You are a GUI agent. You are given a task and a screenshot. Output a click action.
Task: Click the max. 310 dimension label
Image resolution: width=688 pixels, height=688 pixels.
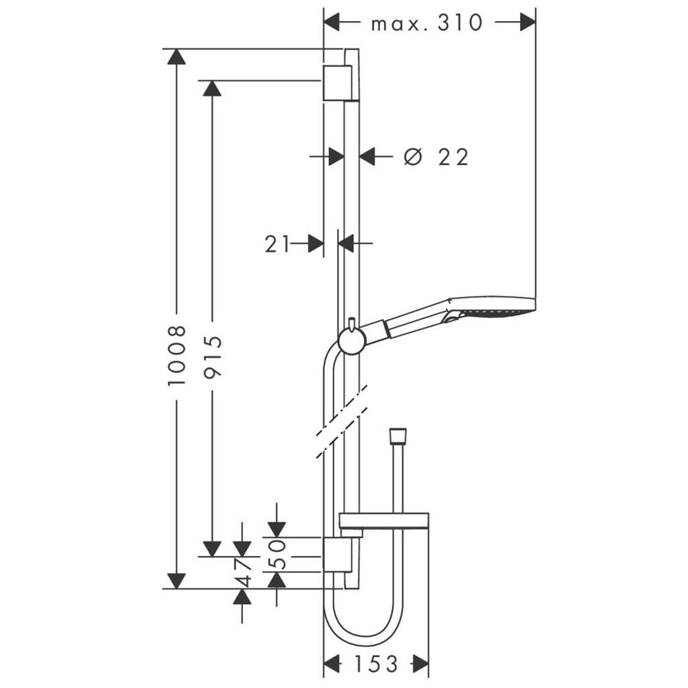(427, 23)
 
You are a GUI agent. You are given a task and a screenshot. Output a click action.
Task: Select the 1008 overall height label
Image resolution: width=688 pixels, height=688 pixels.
(177, 356)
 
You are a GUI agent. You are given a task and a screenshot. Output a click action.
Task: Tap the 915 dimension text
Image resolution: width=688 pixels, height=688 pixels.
(213, 356)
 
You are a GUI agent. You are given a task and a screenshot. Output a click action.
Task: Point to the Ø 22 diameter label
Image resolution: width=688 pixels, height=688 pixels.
(436, 157)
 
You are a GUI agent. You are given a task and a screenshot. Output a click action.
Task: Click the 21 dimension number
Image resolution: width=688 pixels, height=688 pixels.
(277, 244)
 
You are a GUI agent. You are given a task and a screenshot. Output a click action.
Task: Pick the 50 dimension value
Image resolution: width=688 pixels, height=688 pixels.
(277, 555)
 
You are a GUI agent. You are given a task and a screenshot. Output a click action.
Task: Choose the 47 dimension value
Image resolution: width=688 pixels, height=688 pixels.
(242, 572)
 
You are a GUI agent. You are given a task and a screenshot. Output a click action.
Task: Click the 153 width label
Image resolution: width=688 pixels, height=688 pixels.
(376, 664)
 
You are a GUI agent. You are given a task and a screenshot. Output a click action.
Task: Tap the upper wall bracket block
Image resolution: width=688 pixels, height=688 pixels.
(337, 83)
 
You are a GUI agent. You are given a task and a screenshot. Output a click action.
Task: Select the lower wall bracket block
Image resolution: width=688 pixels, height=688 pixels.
(337, 555)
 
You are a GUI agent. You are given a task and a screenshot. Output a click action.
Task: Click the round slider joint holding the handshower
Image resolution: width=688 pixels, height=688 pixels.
(352, 341)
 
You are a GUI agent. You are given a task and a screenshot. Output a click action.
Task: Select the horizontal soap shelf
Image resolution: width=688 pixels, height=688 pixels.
(384, 520)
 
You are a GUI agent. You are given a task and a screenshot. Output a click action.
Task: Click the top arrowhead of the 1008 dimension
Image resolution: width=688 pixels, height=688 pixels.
(176, 56)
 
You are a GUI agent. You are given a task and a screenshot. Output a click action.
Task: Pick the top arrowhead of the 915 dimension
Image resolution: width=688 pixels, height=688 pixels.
(213, 88)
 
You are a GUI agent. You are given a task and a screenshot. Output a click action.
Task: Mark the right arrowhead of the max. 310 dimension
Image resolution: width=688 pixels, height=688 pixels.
(528, 22)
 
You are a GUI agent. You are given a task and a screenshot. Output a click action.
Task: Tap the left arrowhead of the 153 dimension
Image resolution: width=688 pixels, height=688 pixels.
(332, 664)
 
